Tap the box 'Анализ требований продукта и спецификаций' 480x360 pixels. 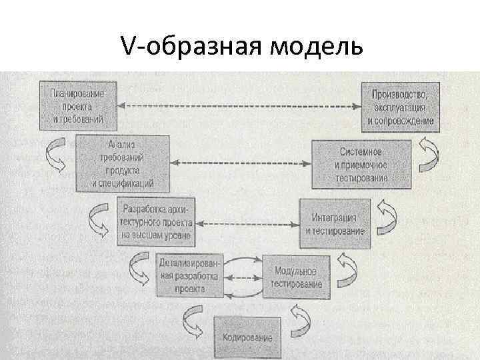(122, 162)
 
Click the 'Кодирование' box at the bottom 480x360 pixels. (247, 337)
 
